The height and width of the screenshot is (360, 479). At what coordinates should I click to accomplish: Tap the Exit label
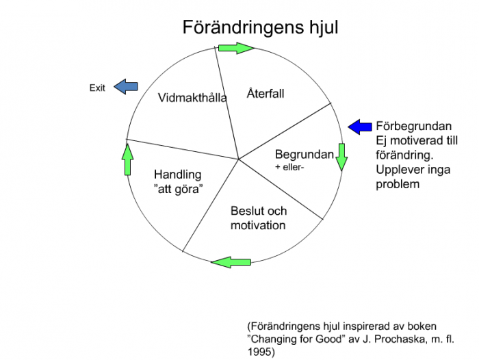97,88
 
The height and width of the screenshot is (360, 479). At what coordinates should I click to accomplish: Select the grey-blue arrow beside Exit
125,86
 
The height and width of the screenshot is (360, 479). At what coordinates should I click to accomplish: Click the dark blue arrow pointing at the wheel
359,127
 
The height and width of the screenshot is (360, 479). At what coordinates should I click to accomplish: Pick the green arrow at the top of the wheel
236,48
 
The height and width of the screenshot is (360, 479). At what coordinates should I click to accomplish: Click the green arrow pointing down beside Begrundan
342,157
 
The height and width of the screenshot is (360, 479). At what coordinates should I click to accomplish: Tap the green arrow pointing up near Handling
127,160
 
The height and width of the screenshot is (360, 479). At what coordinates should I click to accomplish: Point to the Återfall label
266,92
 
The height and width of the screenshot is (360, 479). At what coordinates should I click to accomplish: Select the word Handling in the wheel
178,175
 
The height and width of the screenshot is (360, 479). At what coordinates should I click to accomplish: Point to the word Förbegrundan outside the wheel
413,127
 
